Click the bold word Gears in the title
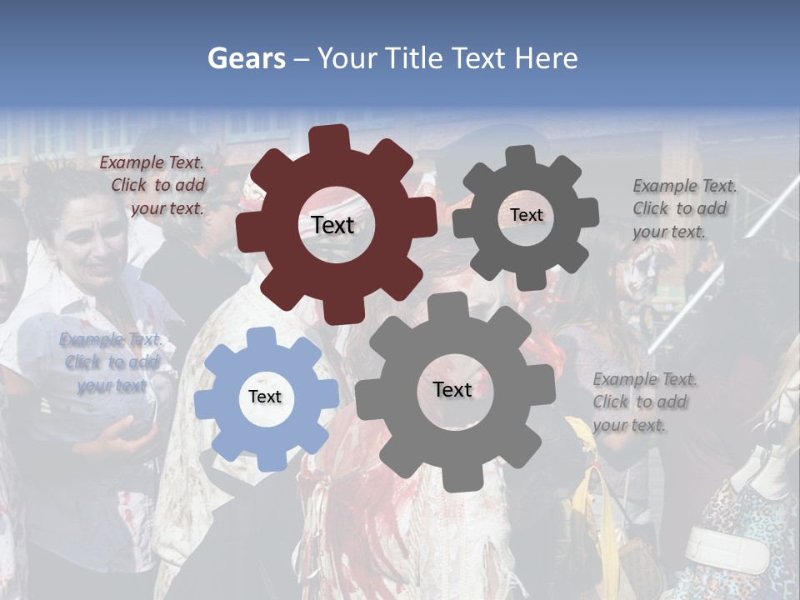point(247,58)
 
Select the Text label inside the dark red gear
point(332,225)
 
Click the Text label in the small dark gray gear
point(526,215)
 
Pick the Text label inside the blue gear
point(265,397)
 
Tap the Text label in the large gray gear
point(452,389)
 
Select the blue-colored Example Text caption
point(112,362)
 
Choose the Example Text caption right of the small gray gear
point(683,208)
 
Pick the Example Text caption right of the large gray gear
point(644,402)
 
